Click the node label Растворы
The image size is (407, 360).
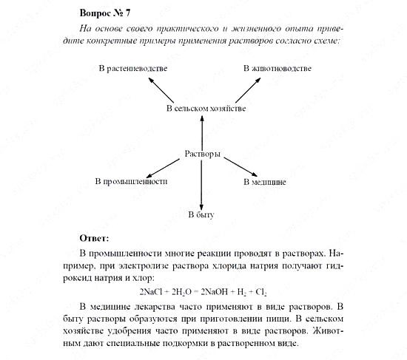pyautogui.click(x=201, y=154)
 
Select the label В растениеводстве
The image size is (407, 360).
pyautogui.click(x=132, y=69)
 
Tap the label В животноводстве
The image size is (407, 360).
pyautogui.click(x=277, y=69)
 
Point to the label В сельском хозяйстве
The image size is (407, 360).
pyautogui.click(x=206, y=109)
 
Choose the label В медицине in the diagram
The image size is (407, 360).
pyautogui.click(x=265, y=181)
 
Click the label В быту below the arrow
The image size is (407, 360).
pyautogui.click(x=201, y=214)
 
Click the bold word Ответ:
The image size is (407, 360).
pyautogui.click(x=92, y=238)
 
